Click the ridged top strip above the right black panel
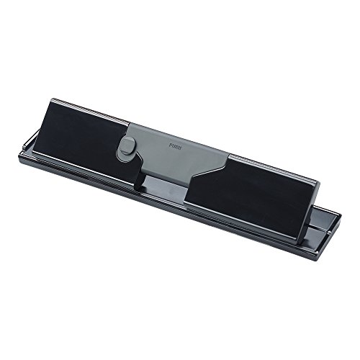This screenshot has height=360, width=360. pyautogui.click(x=271, y=168)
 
